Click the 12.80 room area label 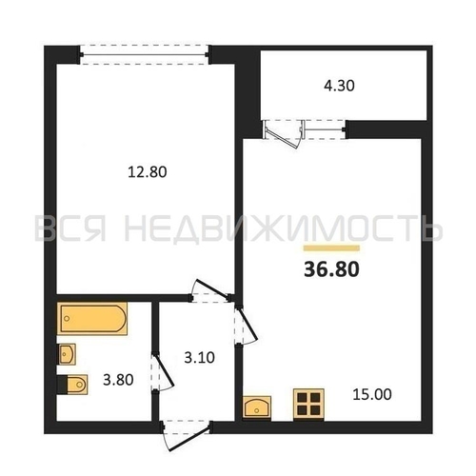[148, 172]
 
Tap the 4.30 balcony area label [339, 86]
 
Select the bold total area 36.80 [331, 269]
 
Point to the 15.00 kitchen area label [372, 394]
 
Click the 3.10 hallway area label [200, 358]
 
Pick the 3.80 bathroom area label [118, 380]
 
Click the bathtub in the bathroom [92, 318]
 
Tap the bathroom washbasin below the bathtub [67, 354]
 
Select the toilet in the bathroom [72, 385]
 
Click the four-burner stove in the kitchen [308, 404]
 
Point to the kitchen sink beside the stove [257, 407]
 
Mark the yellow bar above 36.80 [331, 248]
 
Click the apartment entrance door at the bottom [187, 435]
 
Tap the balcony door [282, 133]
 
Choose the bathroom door [162, 372]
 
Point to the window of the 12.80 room [145, 55]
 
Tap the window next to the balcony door [325, 129]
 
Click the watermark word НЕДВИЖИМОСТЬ [283, 228]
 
